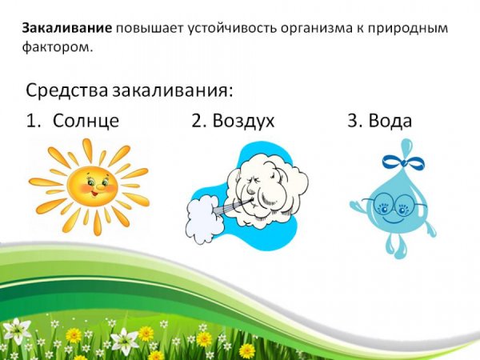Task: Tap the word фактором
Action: tap(57, 47)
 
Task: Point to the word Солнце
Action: tap(86, 121)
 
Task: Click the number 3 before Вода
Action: tap(353, 121)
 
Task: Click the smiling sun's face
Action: tap(90, 186)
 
